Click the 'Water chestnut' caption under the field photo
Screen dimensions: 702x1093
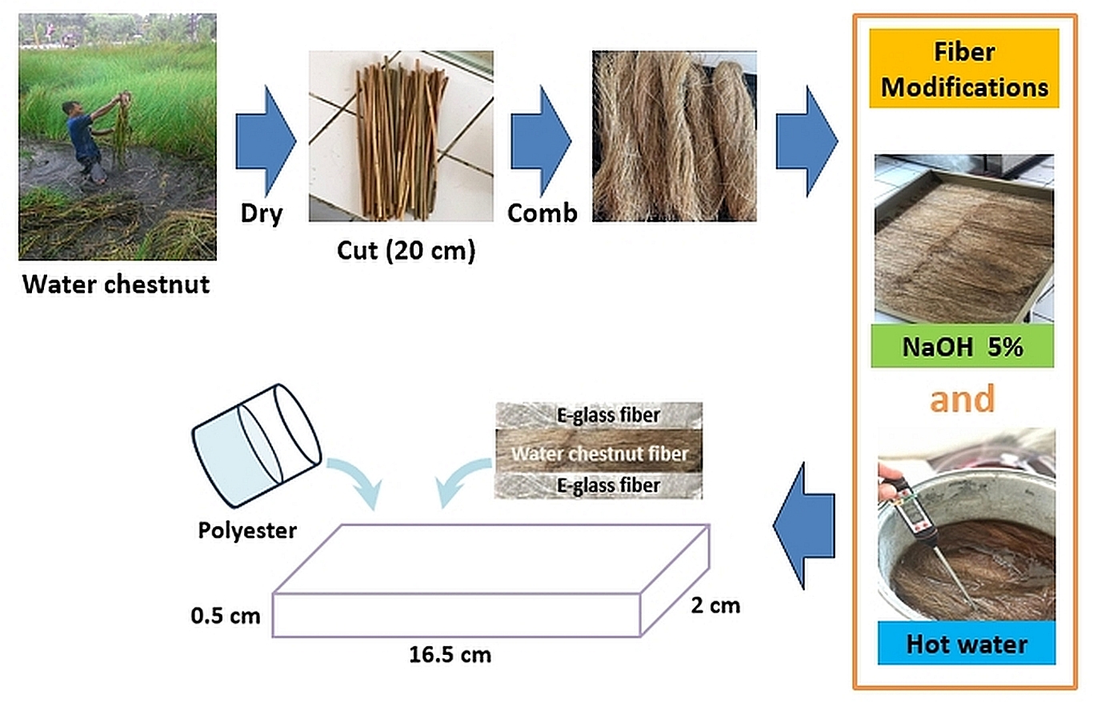[116, 284]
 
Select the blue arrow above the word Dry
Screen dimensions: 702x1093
[265, 141]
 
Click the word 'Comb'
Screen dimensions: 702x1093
[541, 214]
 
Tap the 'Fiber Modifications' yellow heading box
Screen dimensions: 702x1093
[964, 70]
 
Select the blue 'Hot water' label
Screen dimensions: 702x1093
[967, 644]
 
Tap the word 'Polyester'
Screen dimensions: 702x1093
[247, 529]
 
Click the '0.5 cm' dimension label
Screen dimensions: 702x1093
[226, 616]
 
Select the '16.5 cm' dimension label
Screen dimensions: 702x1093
[450, 656]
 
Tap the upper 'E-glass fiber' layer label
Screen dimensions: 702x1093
[608, 415]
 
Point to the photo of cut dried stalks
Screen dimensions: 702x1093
[401, 136]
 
